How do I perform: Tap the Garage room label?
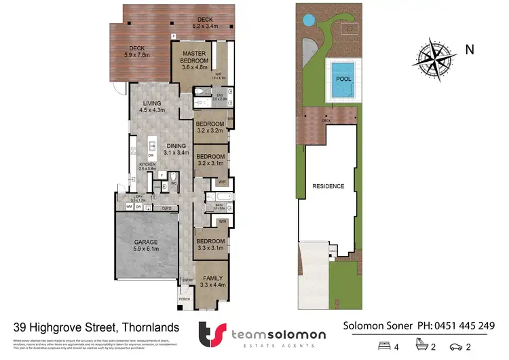[x=145, y=245]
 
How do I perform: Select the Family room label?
[x=210, y=281]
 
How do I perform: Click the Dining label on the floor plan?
[x=176, y=149]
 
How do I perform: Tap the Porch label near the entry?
[x=184, y=299]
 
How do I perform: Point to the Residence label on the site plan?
[x=328, y=186]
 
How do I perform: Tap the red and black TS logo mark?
[x=211, y=334]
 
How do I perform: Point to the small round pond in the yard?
[x=309, y=18]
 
